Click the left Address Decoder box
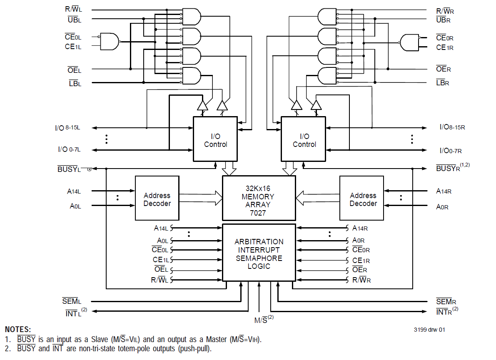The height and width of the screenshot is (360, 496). (x=157, y=198)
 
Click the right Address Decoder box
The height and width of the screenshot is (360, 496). (x=361, y=198)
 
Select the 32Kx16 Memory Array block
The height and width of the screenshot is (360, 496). (x=259, y=198)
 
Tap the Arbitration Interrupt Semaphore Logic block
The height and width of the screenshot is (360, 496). (x=259, y=253)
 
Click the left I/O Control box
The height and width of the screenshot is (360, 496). (x=215, y=139)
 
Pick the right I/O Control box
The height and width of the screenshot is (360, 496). (x=303, y=139)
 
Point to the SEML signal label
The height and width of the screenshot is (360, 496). (x=72, y=301)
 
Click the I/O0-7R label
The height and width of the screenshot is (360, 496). (x=451, y=151)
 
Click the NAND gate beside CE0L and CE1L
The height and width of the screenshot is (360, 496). (x=110, y=42)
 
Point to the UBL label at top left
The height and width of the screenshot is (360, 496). (x=74, y=20)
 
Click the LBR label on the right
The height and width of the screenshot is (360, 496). (x=442, y=83)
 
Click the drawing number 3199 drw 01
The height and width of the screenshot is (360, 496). (x=429, y=330)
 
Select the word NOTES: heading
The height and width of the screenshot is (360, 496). (x=18, y=330)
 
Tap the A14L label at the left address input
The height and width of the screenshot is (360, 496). (x=74, y=191)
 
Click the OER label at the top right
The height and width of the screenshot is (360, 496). (x=443, y=69)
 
